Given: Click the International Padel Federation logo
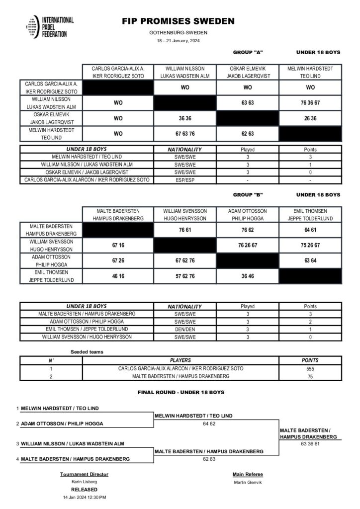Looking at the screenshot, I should (50, 27).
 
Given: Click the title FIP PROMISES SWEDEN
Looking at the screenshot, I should (178, 22).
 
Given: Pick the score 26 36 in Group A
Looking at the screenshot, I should (310, 119).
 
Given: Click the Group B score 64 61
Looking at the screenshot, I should (310, 230).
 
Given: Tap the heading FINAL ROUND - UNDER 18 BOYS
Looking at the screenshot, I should (180, 393).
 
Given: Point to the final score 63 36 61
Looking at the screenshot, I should (310, 444).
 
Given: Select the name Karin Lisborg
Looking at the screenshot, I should (84, 482).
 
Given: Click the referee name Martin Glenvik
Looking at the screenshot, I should (248, 482).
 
